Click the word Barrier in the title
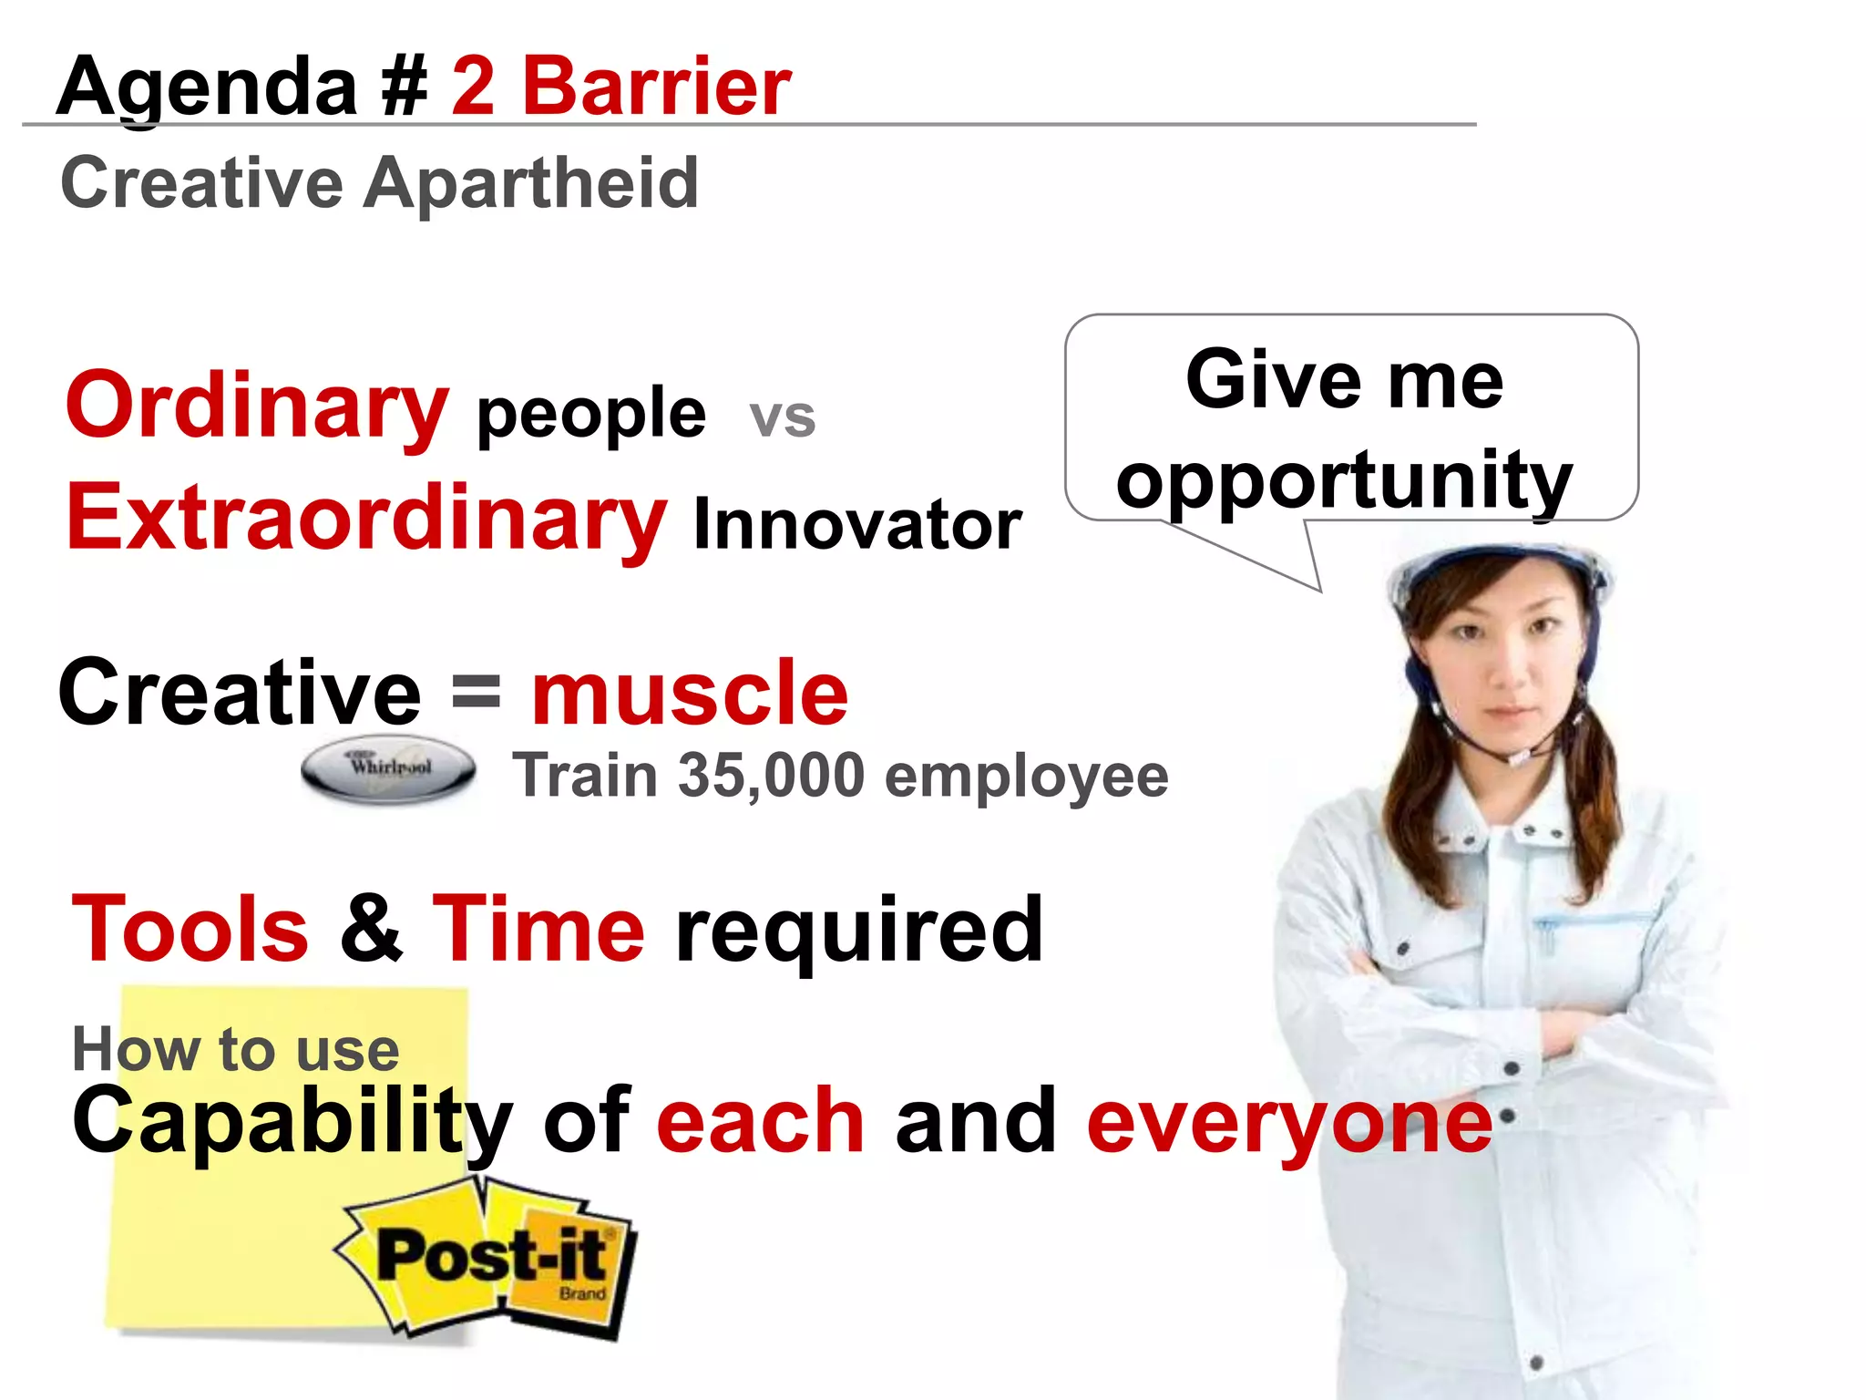tap(656, 87)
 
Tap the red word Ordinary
tap(257, 406)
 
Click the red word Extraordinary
tap(367, 518)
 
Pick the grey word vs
tap(782, 417)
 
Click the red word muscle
tap(690, 693)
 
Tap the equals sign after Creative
tap(477, 691)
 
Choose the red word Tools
tap(190, 929)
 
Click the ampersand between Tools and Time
tap(371, 929)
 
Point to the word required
tap(858, 932)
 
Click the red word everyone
tap(1289, 1121)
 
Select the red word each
tap(760, 1120)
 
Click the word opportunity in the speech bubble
tap(1344, 480)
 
